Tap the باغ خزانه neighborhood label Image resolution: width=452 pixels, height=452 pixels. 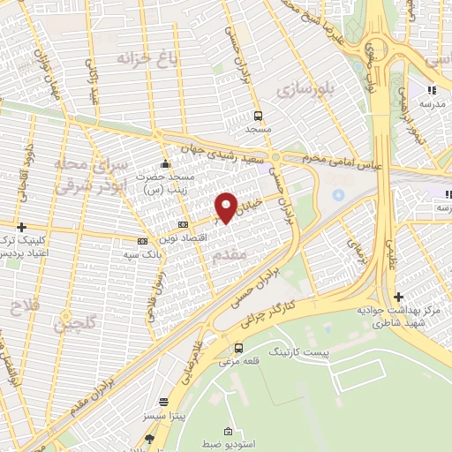point(148,58)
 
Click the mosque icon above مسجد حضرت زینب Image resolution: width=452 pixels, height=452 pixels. point(165,164)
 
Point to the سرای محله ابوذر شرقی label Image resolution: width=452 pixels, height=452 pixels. point(91,174)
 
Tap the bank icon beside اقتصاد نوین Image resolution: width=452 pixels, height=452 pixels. point(183,225)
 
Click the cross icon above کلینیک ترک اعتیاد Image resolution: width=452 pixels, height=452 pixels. point(20,227)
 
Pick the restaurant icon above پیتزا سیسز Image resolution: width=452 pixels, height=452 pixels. point(162,401)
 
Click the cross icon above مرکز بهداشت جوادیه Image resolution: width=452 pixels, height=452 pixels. point(399,297)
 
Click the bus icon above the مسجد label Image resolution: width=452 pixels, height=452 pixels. point(258,115)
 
